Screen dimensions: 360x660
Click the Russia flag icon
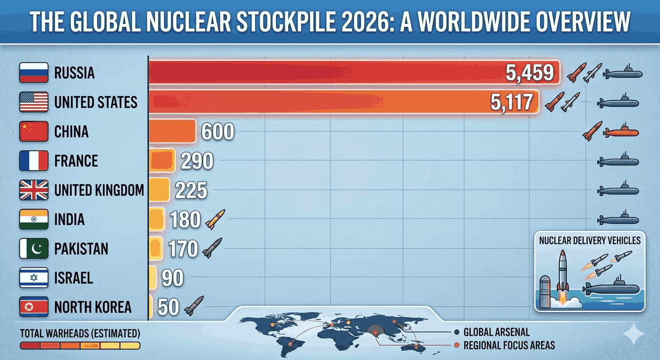click(34, 73)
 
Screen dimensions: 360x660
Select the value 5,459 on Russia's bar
click(530, 73)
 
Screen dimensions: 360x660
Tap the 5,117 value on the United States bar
click(511, 102)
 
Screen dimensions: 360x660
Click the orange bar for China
click(172, 131)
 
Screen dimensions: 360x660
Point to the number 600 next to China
click(217, 132)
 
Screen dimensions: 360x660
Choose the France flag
click(34, 161)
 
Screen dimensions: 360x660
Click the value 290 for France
click(196, 161)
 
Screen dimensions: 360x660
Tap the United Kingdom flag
click(34, 190)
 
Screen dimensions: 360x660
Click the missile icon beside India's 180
click(215, 219)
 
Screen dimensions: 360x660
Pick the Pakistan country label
click(81, 249)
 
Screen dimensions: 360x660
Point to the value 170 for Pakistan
click(183, 249)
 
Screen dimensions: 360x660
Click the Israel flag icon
click(34, 278)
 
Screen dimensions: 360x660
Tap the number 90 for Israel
click(172, 278)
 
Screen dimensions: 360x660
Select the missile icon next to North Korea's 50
click(194, 306)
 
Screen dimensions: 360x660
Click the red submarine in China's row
click(621, 132)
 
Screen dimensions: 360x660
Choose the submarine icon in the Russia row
click(622, 74)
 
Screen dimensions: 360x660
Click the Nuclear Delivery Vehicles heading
click(590, 240)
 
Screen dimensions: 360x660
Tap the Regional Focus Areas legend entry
click(509, 345)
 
